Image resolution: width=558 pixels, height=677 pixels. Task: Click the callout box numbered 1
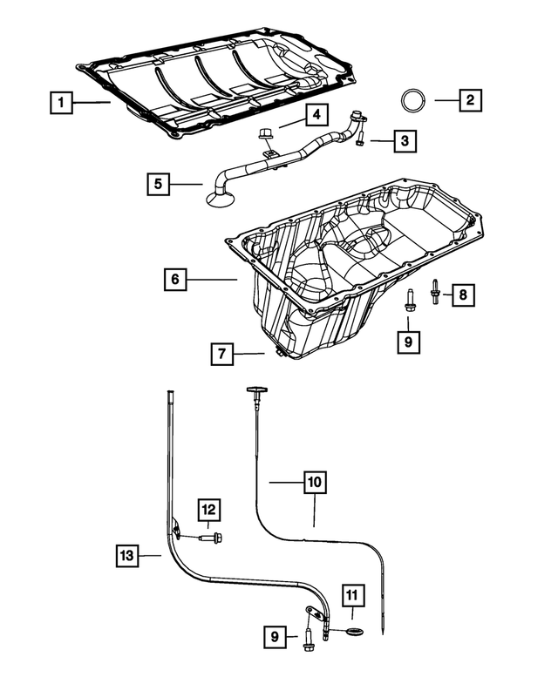61,104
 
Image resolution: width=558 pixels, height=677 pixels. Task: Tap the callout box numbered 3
404,139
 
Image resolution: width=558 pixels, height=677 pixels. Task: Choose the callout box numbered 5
158,185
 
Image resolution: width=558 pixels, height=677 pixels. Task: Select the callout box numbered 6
175,279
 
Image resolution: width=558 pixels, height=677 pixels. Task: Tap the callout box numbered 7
222,354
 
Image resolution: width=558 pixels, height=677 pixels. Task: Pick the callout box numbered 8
463,295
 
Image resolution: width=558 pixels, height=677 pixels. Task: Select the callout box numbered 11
351,595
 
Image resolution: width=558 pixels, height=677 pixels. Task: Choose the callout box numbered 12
209,510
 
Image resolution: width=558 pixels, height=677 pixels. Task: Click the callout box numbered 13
127,554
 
